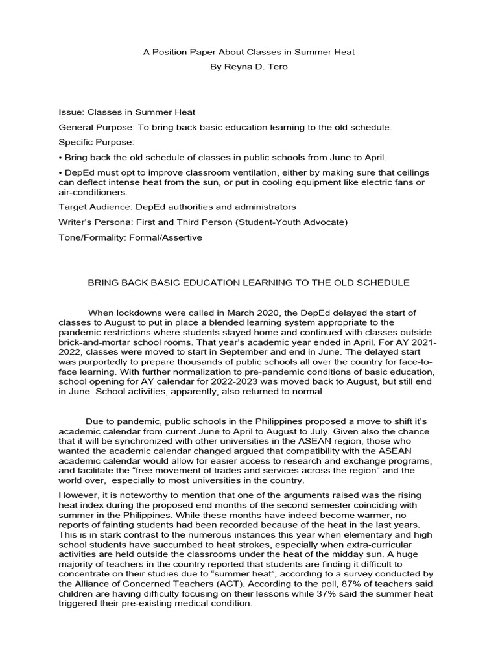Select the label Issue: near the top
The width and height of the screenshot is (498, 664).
tap(71, 112)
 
